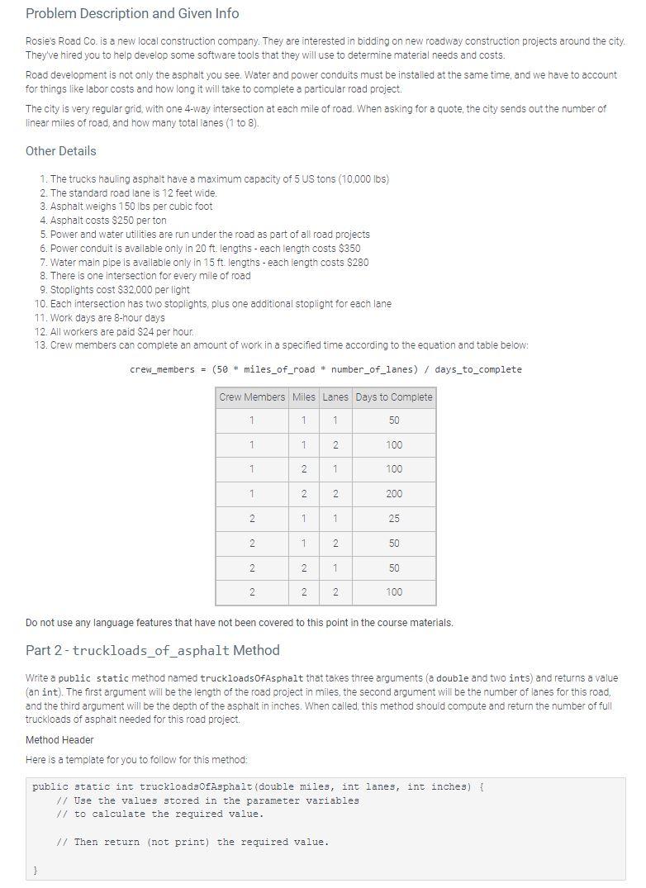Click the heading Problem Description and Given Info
(x=132, y=13)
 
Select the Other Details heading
(x=60, y=151)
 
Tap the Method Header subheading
(x=59, y=740)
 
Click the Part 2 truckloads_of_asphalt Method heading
(x=152, y=651)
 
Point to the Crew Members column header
(x=252, y=397)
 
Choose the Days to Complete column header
(x=394, y=397)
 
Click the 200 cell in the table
(x=394, y=494)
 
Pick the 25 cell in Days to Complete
(x=394, y=519)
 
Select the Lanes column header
(x=335, y=397)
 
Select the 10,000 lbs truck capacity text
(x=364, y=178)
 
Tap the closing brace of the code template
(x=36, y=870)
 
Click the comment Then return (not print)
(x=192, y=843)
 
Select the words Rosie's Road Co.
(x=59, y=40)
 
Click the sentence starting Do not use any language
(x=240, y=623)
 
